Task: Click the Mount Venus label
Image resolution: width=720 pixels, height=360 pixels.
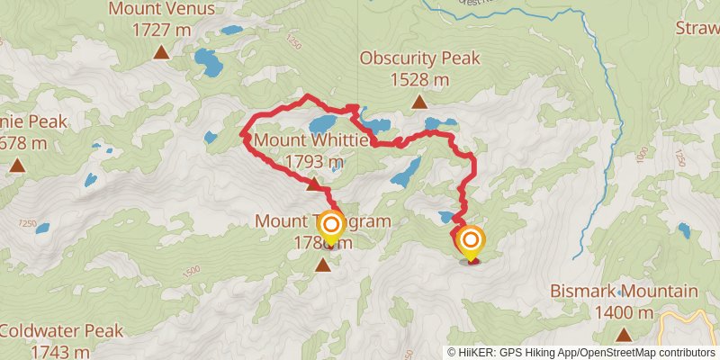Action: (161, 10)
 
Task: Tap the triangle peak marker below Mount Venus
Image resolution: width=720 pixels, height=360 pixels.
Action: (161, 52)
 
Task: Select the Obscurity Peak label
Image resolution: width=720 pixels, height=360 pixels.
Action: (419, 59)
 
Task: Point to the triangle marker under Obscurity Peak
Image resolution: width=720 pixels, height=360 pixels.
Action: (419, 103)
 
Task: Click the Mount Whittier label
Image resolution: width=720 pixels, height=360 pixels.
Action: (311, 141)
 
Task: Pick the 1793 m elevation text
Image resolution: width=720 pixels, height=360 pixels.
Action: (311, 162)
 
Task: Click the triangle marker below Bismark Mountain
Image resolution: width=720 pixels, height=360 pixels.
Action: (624, 335)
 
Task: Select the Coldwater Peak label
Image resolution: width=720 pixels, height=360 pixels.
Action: (61, 331)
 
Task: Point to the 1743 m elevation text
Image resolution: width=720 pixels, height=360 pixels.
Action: (61, 352)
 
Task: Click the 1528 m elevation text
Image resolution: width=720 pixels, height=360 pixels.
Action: (419, 80)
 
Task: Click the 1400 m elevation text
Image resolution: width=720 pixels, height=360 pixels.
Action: (624, 313)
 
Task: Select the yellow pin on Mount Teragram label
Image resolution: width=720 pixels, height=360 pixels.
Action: (331, 227)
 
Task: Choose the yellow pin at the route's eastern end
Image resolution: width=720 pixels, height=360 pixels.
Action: (470, 241)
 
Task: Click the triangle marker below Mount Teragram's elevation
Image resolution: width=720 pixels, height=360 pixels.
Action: (323, 265)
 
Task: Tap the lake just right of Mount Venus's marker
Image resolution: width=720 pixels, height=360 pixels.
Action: (209, 64)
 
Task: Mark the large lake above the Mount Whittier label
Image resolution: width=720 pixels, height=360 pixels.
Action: (323, 122)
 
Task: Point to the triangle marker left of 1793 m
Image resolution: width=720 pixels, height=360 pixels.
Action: (311, 184)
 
